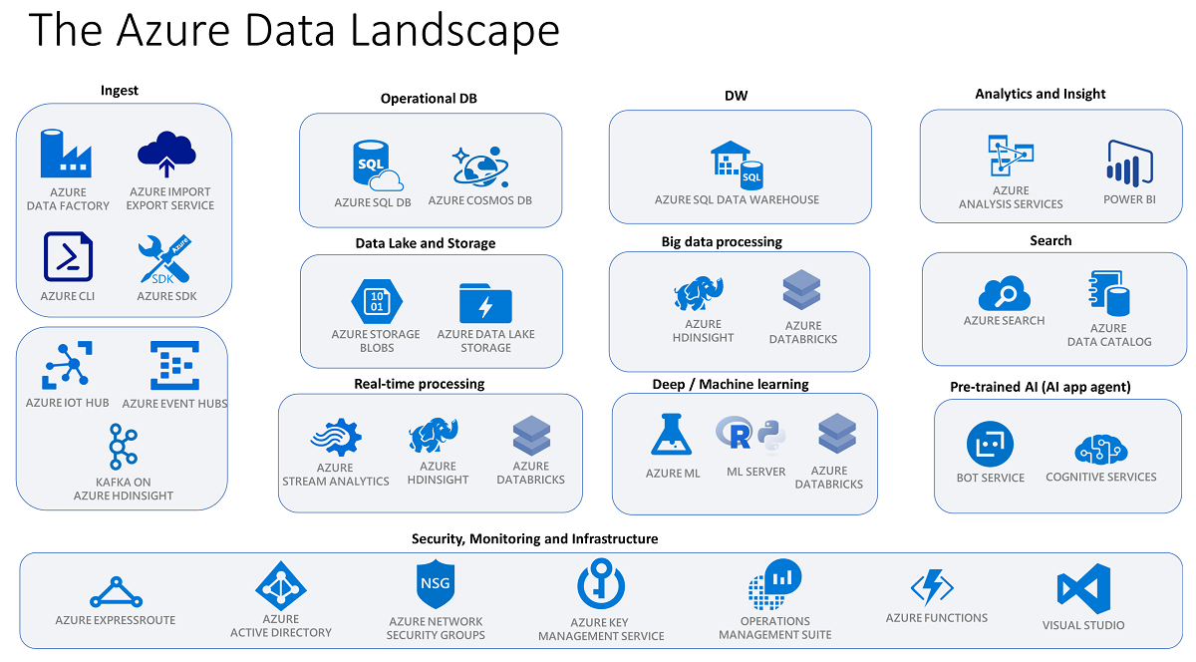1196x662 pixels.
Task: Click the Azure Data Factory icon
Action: coord(67,153)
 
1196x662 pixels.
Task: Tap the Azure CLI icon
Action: coord(68,257)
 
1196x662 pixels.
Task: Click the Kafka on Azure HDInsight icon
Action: coord(124,445)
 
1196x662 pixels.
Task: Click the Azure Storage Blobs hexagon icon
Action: coord(376,300)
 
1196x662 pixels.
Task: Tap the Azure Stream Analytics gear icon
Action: coord(335,437)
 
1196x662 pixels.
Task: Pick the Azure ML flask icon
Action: coord(673,436)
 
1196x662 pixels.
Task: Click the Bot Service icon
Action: coord(990,444)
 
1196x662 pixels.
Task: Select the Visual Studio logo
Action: coord(1083,588)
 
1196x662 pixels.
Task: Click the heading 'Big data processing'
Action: coord(722,241)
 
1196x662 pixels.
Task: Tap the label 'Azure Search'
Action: coord(1004,321)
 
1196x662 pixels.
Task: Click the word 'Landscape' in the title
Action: coord(444,31)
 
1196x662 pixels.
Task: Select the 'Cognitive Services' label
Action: coord(1101,477)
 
